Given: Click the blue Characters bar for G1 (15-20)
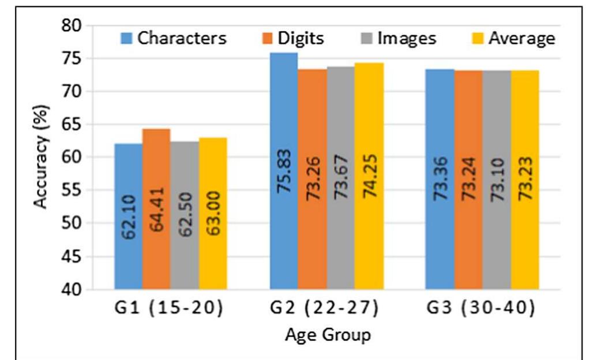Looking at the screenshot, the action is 129,216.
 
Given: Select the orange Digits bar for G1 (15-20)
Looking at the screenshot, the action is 156,209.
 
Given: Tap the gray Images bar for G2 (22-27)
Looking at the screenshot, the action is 341,178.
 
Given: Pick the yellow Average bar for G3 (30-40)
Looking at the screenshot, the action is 525,179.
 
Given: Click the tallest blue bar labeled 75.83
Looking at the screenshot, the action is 284,171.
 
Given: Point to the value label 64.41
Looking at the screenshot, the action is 156,209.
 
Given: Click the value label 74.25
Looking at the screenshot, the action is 370,176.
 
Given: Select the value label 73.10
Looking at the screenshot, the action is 498,179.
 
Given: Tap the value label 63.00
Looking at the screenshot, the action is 213,213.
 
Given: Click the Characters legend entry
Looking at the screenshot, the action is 174,38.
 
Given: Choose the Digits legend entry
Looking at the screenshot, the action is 293,38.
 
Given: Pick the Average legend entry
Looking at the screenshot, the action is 514,38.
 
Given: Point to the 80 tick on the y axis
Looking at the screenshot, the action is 71,25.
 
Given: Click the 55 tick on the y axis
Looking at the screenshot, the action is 71,190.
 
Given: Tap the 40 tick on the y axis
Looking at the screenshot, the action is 71,290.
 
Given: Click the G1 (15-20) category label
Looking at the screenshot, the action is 169,307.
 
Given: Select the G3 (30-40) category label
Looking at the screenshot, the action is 480,307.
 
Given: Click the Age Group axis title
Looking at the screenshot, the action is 328,335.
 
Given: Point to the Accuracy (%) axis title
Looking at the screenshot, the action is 40,157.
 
